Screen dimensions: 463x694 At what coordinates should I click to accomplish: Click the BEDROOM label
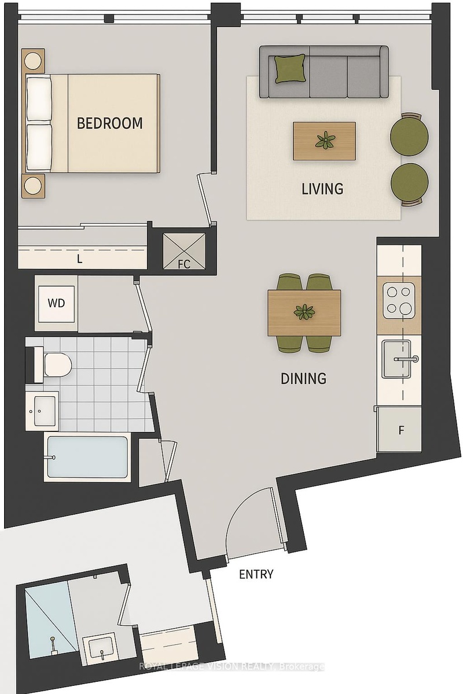pyautogui.click(x=110, y=123)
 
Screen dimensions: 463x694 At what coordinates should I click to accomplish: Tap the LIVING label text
pyautogui.click(x=322, y=189)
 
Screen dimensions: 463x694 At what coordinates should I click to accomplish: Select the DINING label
pyautogui.click(x=303, y=378)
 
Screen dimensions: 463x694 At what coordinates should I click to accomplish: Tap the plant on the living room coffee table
pyautogui.click(x=325, y=141)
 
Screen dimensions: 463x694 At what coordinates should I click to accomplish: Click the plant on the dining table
pyautogui.click(x=304, y=312)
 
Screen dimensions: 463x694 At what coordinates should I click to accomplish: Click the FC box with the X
pyautogui.click(x=184, y=251)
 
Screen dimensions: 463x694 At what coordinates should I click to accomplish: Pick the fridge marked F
pyautogui.click(x=399, y=429)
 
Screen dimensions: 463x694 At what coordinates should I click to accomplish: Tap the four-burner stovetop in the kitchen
pyautogui.click(x=399, y=301)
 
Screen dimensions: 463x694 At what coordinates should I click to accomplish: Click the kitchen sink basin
pyautogui.click(x=396, y=359)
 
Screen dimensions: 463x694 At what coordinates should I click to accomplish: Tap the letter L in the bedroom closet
pyautogui.click(x=80, y=259)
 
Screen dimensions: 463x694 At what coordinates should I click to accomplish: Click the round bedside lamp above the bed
pyautogui.click(x=33, y=60)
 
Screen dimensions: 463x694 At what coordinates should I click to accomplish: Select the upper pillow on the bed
pyautogui.click(x=39, y=98)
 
